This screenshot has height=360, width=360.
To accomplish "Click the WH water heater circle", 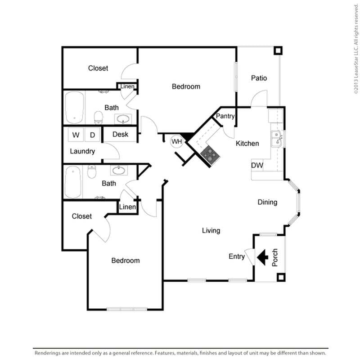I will [176, 142].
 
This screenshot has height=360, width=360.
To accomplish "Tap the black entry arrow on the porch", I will [263, 257].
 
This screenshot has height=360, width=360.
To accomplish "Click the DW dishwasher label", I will [257, 166].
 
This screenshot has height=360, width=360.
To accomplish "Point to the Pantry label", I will [225, 116].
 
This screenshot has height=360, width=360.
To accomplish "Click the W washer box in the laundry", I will [76, 135].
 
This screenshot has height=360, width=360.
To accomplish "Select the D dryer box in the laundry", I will [92, 135].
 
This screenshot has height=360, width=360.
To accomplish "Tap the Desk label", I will [120, 134].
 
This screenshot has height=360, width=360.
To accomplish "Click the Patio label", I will [259, 78].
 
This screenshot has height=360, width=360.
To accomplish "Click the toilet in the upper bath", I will [98, 117].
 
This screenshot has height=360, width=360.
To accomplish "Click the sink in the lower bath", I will [119, 170].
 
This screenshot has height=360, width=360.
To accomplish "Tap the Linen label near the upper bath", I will [127, 86].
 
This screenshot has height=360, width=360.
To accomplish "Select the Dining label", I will [267, 202].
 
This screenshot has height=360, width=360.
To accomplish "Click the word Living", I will [211, 230].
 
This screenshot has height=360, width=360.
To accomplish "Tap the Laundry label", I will [82, 151].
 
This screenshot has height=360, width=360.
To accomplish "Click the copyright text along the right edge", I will [355, 47].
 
